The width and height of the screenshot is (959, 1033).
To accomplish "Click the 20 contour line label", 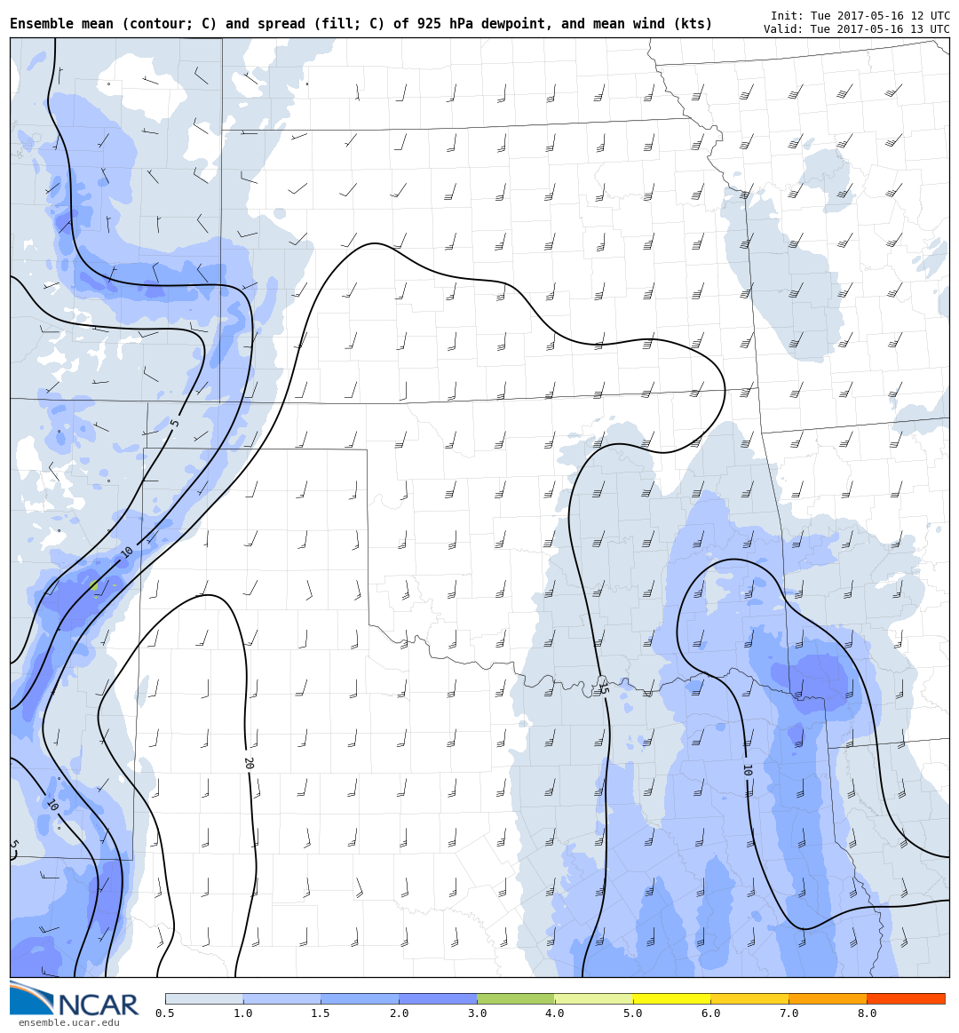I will pos(249,763).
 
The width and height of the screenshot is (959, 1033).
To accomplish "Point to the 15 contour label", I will pos(603,687).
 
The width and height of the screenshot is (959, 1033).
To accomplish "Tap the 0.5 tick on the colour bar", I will pos(165,1013).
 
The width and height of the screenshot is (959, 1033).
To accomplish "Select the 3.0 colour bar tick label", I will pos(477,1013).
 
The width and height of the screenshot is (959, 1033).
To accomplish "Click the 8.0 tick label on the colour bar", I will pos(867,1013).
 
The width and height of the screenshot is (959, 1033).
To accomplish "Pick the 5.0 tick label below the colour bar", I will pos(633,1013).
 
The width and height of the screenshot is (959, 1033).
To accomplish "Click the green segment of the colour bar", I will pos(516,998).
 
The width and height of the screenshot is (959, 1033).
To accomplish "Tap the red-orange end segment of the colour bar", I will pos(906,998).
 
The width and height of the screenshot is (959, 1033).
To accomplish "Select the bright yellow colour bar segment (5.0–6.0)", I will pos(671,998).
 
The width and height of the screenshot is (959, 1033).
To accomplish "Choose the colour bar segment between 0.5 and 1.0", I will pos(204,998).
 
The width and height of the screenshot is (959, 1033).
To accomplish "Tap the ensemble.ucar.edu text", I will pos(68,1023).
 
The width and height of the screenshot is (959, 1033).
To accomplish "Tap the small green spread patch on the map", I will pos(94,585).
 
